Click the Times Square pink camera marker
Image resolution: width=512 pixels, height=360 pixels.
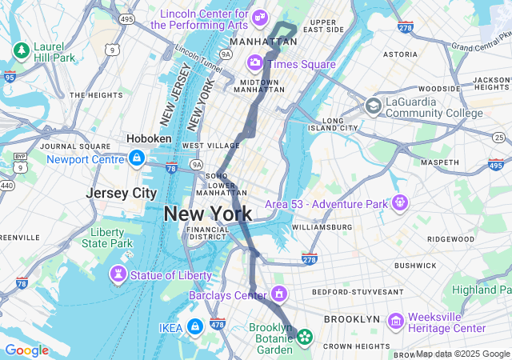pyautogui.click(x=254, y=62)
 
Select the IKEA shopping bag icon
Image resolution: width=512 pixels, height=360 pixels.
pyautogui.click(x=194, y=326)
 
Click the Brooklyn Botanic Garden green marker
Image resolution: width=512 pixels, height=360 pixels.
pyautogui.click(x=304, y=337)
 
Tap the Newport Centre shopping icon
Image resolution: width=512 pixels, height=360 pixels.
pyautogui.click(x=137, y=158)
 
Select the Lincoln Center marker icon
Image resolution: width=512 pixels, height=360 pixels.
pyautogui.click(x=259, y=17)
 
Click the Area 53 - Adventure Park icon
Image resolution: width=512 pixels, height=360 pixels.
pyautogui.click(x=399, y=202)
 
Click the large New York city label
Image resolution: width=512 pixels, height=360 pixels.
pyautogui.click(x=207, y=214)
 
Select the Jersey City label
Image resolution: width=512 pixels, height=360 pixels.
pyautogui.click(x=122, y=194)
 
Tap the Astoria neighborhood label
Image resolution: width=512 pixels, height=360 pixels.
pyautogui.click(x=400, y=54)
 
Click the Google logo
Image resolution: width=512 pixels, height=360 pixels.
pyautogui.click(x=26, y=350)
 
